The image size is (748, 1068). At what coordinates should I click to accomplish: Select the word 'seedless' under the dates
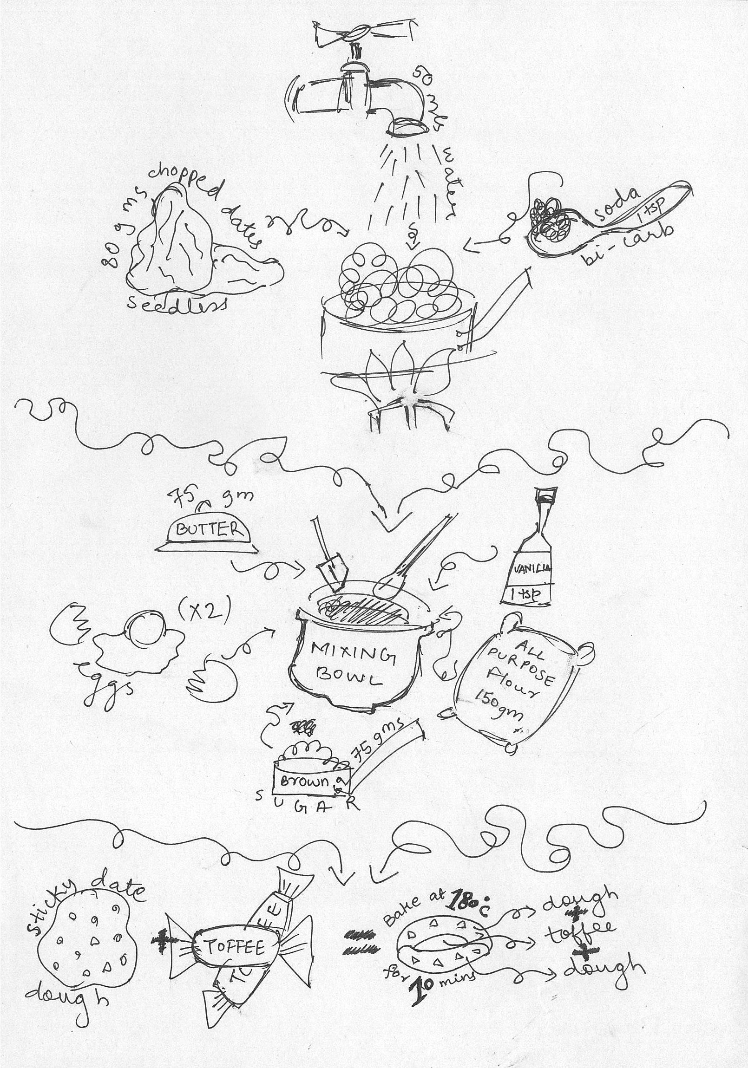(177, 305)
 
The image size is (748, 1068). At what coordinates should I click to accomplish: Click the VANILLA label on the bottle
(531, 568)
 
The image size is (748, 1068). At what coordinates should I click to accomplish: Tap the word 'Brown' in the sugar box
(305, 781)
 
